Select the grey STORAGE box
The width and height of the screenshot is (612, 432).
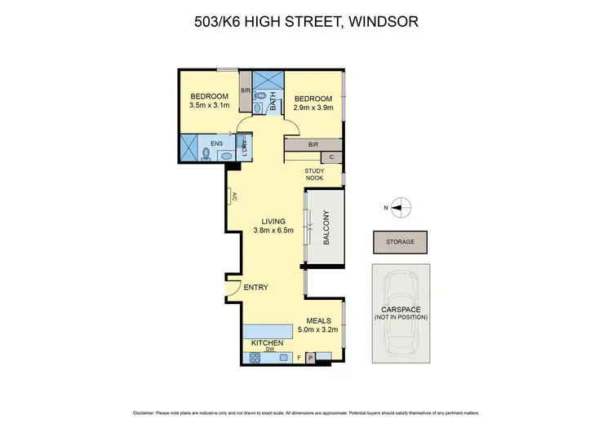click(x=401, y=242)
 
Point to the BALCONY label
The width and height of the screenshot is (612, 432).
click(x=325, y=228)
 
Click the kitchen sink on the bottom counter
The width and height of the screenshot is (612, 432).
click(x=284, y=357)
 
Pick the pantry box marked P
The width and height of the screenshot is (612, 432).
click(x=310, y=356)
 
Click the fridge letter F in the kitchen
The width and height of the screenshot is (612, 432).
click(x=299, y=357)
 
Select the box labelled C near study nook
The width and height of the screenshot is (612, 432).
click(x=331, y=157)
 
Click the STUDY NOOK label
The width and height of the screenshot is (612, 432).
click(x=315, y=175)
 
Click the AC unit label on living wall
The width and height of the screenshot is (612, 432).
click(x=234, y=196)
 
